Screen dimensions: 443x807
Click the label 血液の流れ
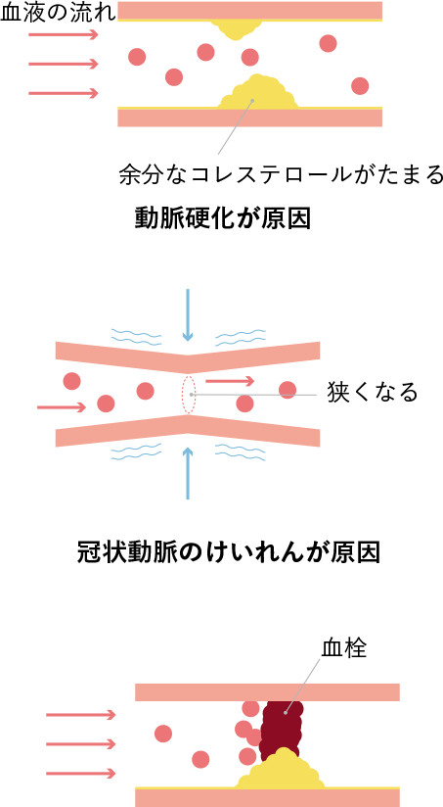(58, 14)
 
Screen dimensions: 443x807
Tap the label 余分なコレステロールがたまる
(281, 174)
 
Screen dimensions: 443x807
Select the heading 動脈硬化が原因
(223, 218)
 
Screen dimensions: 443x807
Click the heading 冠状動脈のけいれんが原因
(229, 552)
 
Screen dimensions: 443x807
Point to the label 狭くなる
(373, 393)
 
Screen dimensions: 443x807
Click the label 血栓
(344, 648)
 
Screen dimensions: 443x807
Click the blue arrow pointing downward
(188, 315)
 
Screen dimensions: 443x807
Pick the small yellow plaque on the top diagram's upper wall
(236, 28)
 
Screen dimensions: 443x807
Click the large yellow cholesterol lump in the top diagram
(258, 92)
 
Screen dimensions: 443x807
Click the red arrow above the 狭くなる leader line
(230, 381)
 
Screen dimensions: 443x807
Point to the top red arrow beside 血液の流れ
(64, 34)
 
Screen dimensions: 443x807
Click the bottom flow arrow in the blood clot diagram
(81, 773)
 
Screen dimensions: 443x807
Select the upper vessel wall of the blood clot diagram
(267, 692)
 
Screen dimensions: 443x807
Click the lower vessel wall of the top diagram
(249, 117)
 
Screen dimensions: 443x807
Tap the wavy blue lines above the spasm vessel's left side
(136, 337)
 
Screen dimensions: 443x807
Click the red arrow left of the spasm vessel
(62, 407)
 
